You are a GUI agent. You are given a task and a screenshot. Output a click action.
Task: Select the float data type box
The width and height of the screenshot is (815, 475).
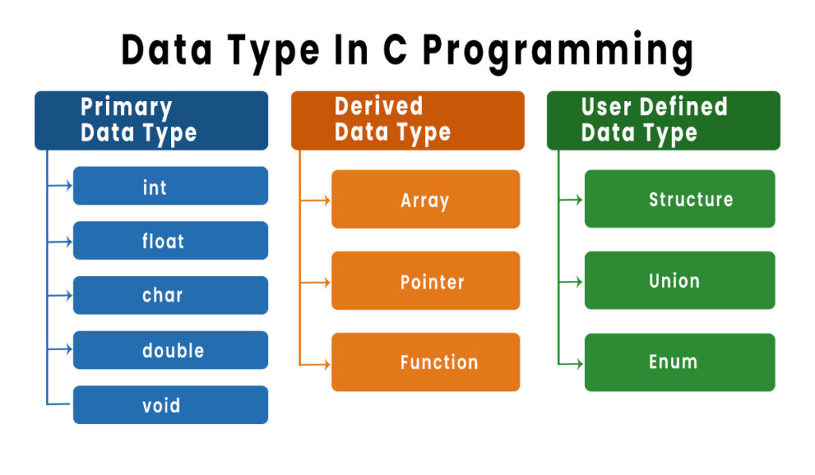(x=170, y=240)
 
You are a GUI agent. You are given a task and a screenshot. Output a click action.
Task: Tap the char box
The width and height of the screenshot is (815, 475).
(x=170, y=295)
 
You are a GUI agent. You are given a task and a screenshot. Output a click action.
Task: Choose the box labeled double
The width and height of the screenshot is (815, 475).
(x=170, y=350)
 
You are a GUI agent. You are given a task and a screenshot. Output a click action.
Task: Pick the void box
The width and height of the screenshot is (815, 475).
(x=170, y=405)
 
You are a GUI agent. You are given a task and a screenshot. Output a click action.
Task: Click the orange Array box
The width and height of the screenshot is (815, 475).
(x=425, y=200)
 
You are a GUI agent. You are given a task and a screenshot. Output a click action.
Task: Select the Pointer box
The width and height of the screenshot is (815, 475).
(x=425, y=281)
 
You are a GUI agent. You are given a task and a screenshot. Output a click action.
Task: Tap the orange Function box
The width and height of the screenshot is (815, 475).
(x=425, y=362)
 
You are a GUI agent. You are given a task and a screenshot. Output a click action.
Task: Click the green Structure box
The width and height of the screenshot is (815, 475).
(x=680, y=199)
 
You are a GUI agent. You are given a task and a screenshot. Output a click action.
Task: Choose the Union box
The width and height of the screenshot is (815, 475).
(x=680, y=280)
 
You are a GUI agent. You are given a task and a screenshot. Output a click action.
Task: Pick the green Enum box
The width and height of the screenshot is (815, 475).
(x=680, y=362)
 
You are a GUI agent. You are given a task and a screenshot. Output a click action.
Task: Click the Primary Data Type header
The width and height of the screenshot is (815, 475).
(x=151, y=120)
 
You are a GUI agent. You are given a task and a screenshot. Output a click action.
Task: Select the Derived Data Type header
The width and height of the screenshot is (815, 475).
(x=407, y=120)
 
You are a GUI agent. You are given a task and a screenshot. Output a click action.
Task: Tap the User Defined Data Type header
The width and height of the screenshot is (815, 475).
(x=663, y=120)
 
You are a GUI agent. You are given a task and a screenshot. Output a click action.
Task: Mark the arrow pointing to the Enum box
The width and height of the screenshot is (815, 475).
(x=571, y=364)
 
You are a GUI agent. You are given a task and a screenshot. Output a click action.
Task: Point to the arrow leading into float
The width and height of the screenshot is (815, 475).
(x=60, y=241)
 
